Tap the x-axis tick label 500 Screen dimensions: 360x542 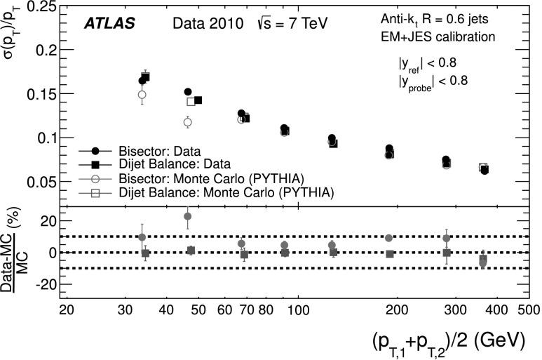[527, 309]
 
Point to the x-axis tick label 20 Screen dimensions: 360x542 [67, 309]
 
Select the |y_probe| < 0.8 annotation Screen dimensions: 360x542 [433, 82]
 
